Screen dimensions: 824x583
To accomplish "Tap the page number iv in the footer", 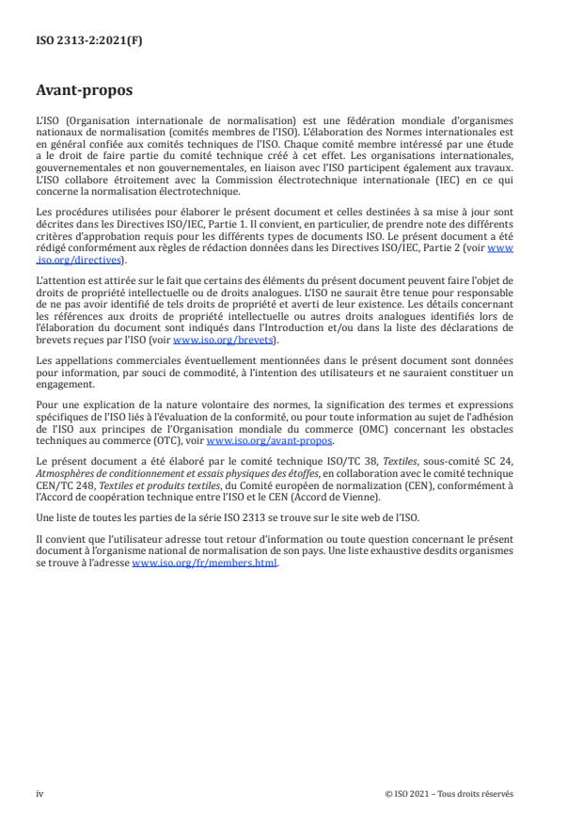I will click(x=39, y=793).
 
